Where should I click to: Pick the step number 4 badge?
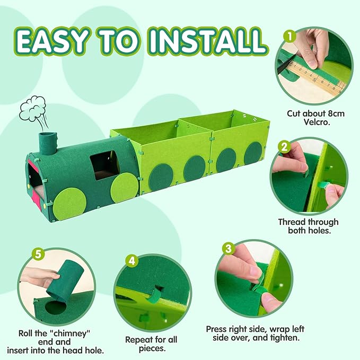[132, 260]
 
